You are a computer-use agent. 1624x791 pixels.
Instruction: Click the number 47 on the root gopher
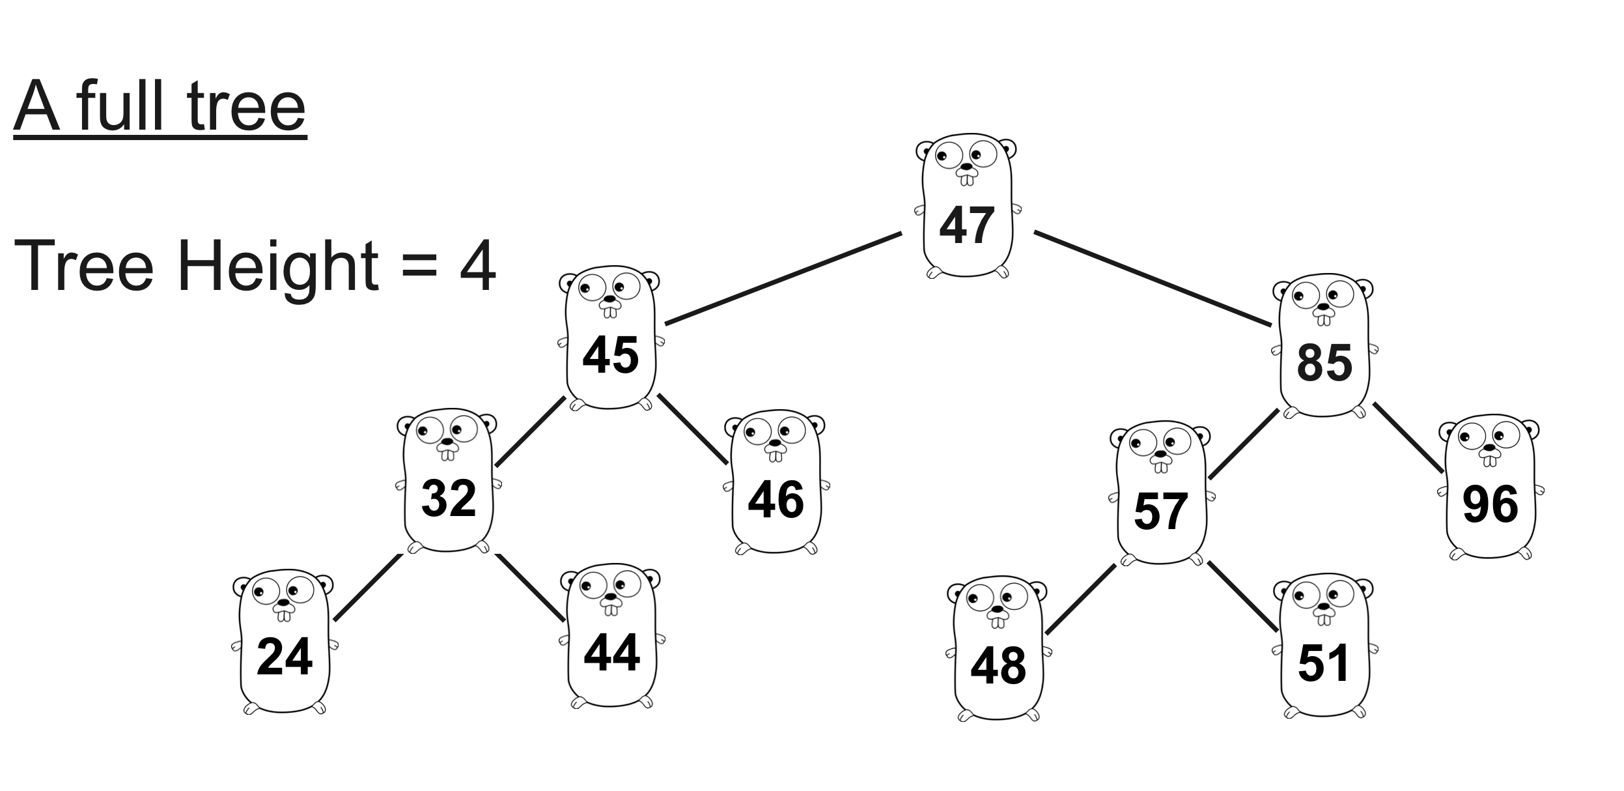[966, 225]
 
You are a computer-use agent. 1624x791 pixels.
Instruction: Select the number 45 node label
[610, 356]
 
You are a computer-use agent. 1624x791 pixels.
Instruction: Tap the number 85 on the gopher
[1324, 363]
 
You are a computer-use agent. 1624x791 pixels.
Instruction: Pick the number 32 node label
[449, 498]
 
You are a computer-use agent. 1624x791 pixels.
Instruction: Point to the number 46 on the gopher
[776, 500]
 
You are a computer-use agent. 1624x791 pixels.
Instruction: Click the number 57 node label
[1160, 511]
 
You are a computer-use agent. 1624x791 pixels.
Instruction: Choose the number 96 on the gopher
[1491, 504]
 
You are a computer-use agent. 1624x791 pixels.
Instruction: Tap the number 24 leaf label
[285, 657]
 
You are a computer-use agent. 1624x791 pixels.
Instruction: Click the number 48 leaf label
[998, 666]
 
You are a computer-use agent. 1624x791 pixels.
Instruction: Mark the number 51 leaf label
[1323, 663]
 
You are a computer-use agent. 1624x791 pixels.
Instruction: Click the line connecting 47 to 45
[783, 278]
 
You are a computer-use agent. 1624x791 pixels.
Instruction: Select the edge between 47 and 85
[1153, 278]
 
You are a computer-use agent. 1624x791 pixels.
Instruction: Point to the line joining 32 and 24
[368, 587]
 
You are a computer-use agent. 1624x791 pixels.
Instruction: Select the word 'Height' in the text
[277, 266]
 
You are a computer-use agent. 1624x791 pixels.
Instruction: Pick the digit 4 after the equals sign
[477, 266]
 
